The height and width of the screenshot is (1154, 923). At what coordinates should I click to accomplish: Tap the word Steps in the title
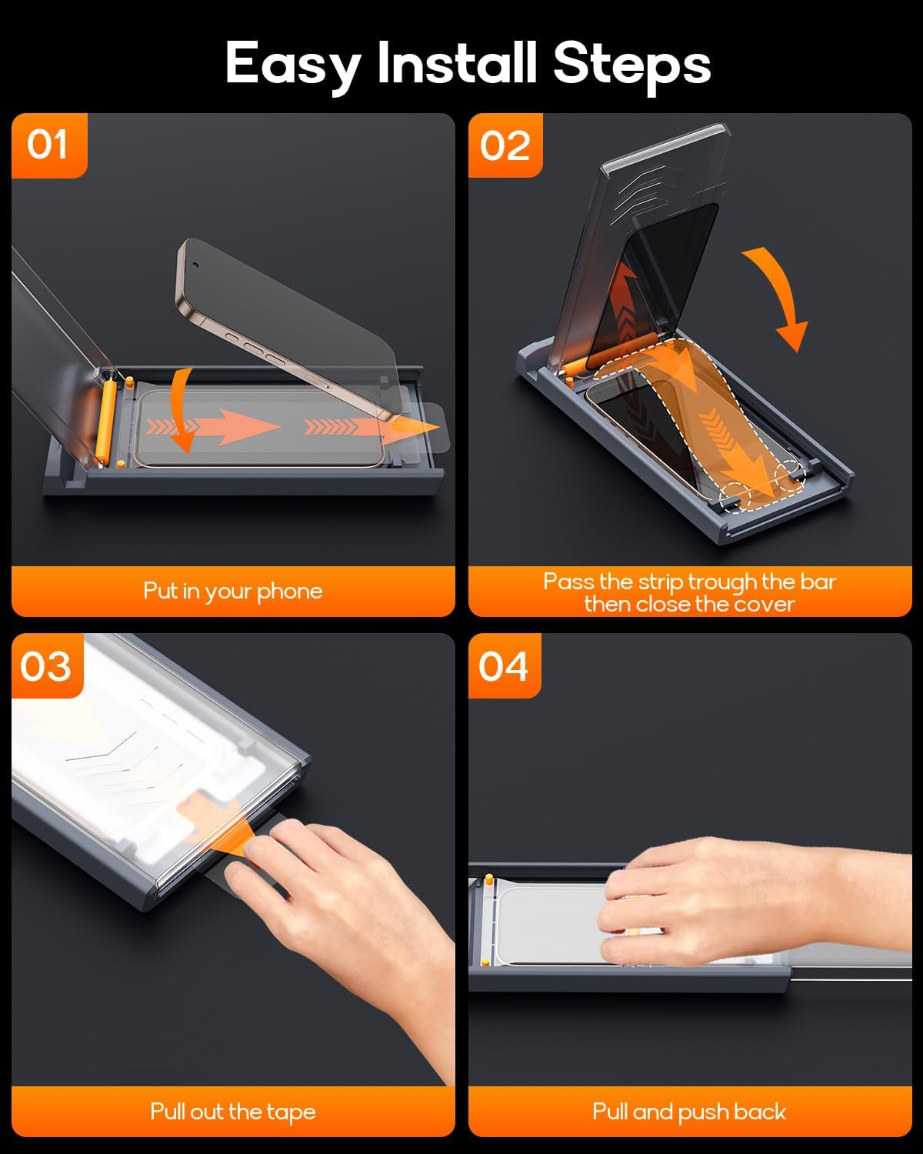click(x=631, y=67)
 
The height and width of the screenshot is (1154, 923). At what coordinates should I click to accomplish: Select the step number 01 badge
click(x=48, y=145)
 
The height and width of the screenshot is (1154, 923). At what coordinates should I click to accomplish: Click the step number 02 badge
click(x=505, y=145)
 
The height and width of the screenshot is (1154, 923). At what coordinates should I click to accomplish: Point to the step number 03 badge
click(x=47, y=666)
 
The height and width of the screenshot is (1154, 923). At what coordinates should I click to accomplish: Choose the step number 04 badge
click(x=504, y=666)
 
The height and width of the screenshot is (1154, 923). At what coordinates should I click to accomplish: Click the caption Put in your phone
click(x=233, y=592)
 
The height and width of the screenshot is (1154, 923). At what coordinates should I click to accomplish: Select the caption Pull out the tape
click(x=233, y=1112)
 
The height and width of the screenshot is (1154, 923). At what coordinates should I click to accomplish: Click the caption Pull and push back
click(x=689, y=1112)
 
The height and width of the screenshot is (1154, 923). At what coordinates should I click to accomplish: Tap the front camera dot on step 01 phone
click(x=195, y=265)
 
